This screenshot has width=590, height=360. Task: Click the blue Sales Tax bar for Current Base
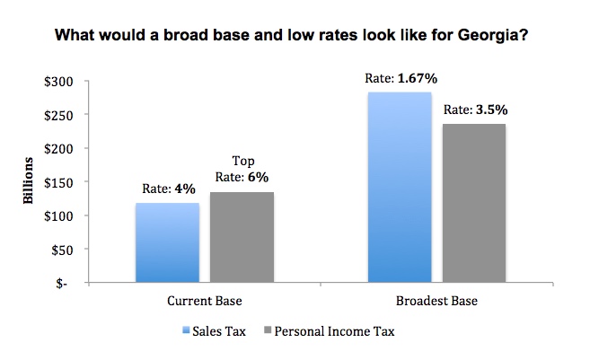click(x=167, y=242)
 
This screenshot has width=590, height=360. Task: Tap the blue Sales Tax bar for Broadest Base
click(x=400, y=188)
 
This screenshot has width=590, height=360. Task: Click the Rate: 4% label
click(x=168, y=189)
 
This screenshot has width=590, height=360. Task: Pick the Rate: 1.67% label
click(x=401, y=78)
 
